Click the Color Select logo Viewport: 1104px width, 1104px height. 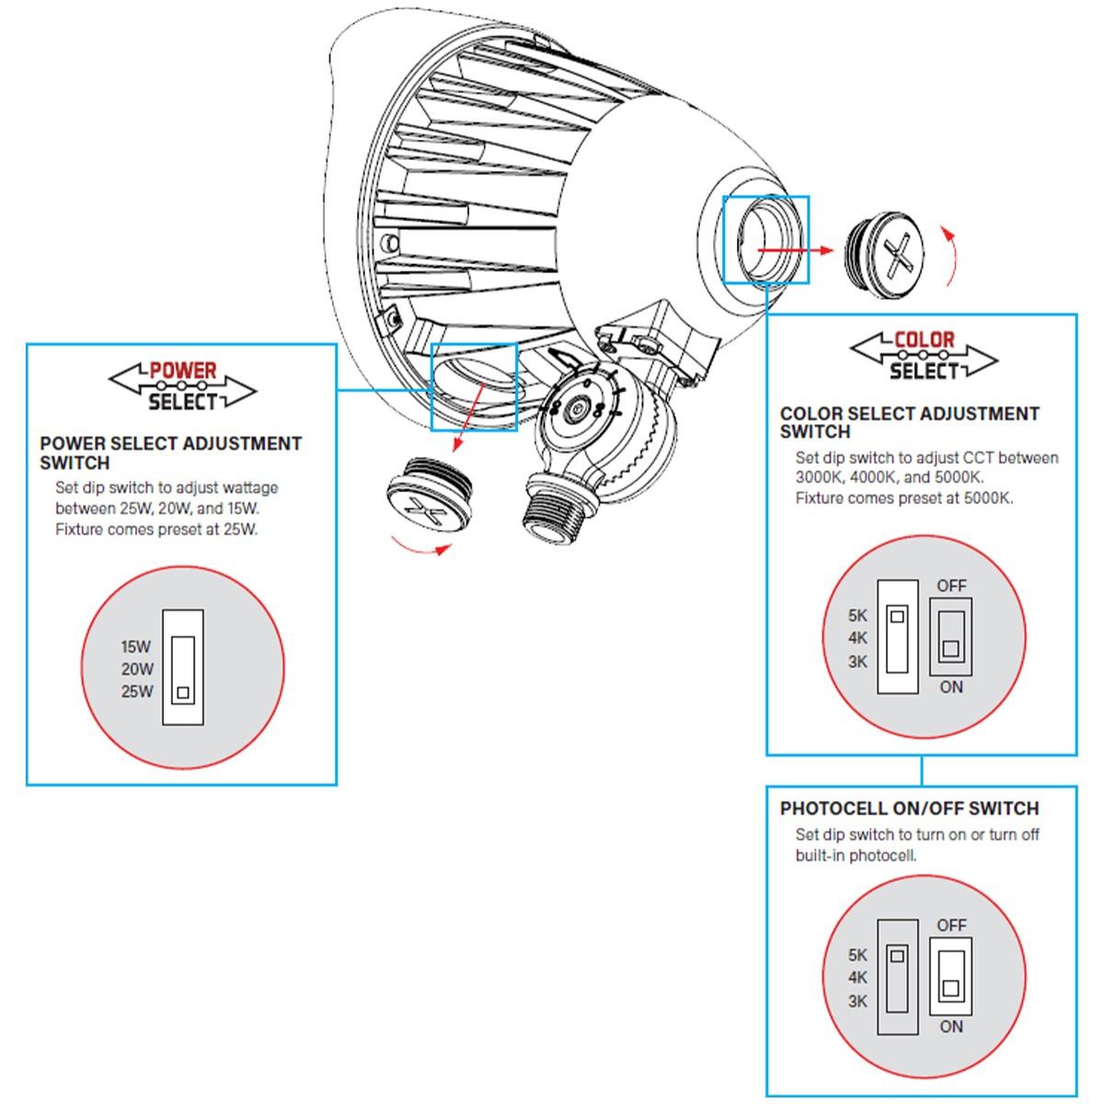point(923,356)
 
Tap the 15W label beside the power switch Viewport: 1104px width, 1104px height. point(136,647)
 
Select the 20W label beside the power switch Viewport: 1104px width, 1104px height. point(137,669)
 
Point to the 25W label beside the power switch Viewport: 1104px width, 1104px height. point(137,691)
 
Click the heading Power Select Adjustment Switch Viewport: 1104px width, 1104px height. point(170,453)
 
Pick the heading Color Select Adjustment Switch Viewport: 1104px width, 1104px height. point(909,422)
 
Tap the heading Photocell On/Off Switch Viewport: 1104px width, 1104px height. point(909,809)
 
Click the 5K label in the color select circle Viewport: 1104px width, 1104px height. point(857,616)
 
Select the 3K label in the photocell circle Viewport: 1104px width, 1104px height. point(857,1001)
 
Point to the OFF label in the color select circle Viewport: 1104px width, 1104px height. point(951,585)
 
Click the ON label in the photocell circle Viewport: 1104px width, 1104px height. point(951,1027)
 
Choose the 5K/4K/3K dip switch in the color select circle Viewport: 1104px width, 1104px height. point(898,636)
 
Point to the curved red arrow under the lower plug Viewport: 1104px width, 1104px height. point(421,548)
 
